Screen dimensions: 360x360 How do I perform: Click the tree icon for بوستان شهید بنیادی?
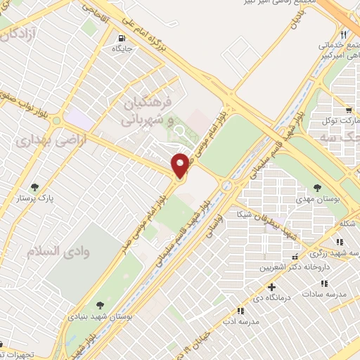pyautogui.click(x=100, y=304)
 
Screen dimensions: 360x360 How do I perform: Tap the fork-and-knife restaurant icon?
pyautogui.click(x=343, y=34)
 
